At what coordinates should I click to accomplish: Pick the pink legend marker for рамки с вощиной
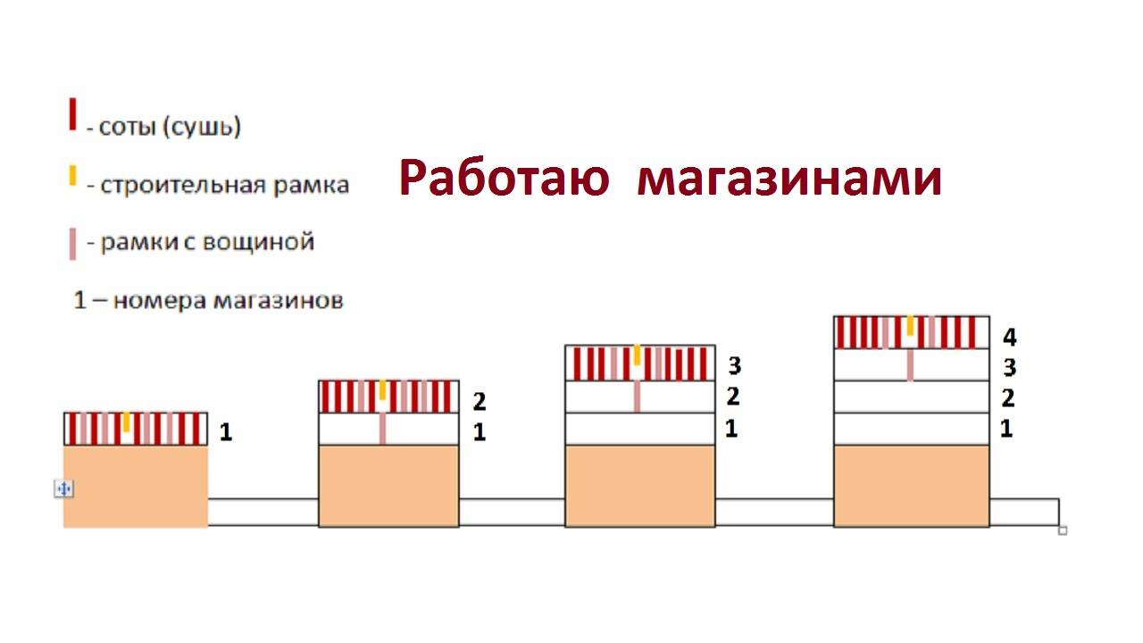click(72, 243)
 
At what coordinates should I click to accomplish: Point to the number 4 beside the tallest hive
click(1009, 338)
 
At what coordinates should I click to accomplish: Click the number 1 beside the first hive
click(226, 433)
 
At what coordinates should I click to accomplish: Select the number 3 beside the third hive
click(734, 365)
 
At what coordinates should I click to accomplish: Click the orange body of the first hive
click(136, 486)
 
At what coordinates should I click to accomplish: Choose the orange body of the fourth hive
click(911, 486)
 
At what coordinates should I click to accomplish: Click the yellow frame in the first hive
click(127, 422)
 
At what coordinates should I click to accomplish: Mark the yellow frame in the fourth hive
click(910, 325)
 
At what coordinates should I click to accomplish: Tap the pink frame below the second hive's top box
click(382, 428)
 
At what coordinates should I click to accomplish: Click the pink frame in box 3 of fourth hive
click(910, 364)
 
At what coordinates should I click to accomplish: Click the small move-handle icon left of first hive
click(64, 489)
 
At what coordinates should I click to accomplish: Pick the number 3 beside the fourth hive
click(1009, 368)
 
